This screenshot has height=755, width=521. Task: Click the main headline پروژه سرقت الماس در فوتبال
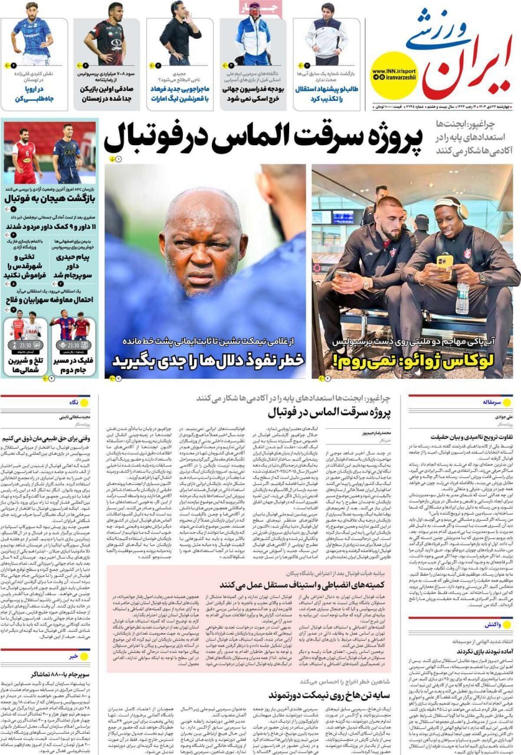pos(263,139)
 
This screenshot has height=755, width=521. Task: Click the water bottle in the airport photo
pos(463,298)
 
